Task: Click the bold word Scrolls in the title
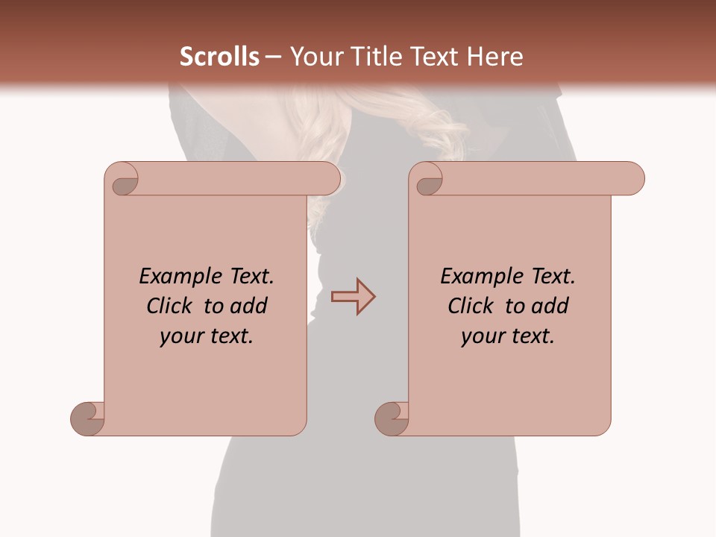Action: point(219,57)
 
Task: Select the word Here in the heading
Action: point(495,57)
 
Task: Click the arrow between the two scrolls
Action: point(353,296)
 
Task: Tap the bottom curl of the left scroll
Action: point(87,418)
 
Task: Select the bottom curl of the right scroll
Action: point(391,418)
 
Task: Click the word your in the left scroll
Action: point(181,336)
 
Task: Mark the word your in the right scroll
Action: point(483,336)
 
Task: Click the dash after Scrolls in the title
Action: point(273,57)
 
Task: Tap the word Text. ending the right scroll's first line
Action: point(553,277)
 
